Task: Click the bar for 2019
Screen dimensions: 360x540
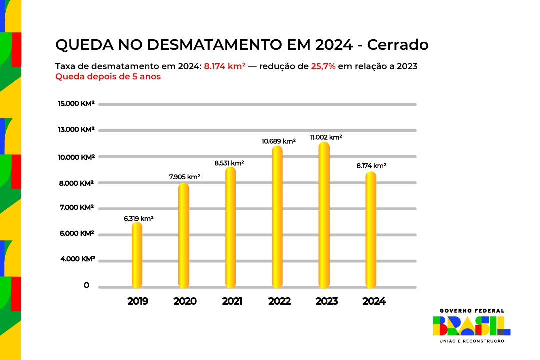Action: [137, 255]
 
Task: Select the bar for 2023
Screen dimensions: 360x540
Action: [324, 215]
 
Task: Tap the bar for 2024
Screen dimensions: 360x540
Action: [371, 230]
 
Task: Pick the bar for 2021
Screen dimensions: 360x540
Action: [230, 228]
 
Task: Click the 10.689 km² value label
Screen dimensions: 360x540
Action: [278, 141]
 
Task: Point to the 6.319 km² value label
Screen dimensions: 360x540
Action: [139, 219]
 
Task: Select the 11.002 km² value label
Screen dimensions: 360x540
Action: [326, 137]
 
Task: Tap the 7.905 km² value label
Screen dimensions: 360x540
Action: [184, 177]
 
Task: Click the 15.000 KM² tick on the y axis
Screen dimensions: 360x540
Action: [76, 104]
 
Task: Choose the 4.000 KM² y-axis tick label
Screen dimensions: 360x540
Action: [76, 259]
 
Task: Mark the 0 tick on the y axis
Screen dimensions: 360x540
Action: [87, 286]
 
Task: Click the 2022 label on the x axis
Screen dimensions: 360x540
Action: [279, 302]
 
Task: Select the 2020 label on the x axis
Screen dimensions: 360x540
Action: [185, 302]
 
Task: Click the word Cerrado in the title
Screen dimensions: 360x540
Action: [398, 45]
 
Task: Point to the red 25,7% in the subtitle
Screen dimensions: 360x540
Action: [323, 66]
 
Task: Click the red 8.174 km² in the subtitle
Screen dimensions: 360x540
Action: [224, 66]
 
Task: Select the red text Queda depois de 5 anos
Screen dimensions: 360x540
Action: [108, 77]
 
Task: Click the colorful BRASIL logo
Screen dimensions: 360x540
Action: [471, 326]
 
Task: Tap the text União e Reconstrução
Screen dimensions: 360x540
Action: [471, 341]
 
